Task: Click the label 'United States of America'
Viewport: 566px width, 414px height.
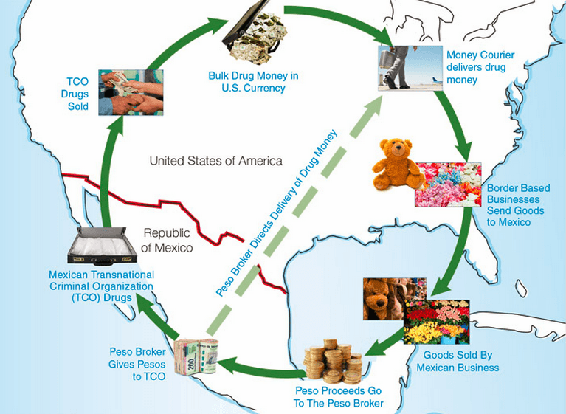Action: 215,161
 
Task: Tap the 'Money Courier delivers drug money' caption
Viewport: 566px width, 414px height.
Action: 480,66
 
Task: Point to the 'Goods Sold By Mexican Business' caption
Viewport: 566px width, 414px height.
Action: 458,361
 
